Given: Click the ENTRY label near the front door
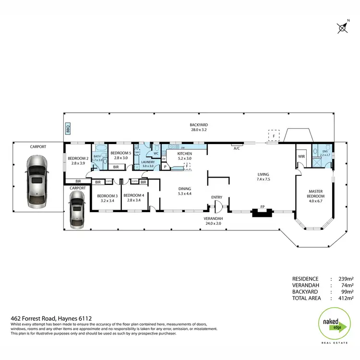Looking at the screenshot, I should [217, 197].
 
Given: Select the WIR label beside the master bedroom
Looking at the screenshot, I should [301, 156].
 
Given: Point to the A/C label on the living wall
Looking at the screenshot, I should [237, 149].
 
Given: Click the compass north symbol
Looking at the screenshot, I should [343, 28].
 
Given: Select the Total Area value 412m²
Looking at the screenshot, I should [347, 298].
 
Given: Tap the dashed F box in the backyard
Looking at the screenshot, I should [274, 136].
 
